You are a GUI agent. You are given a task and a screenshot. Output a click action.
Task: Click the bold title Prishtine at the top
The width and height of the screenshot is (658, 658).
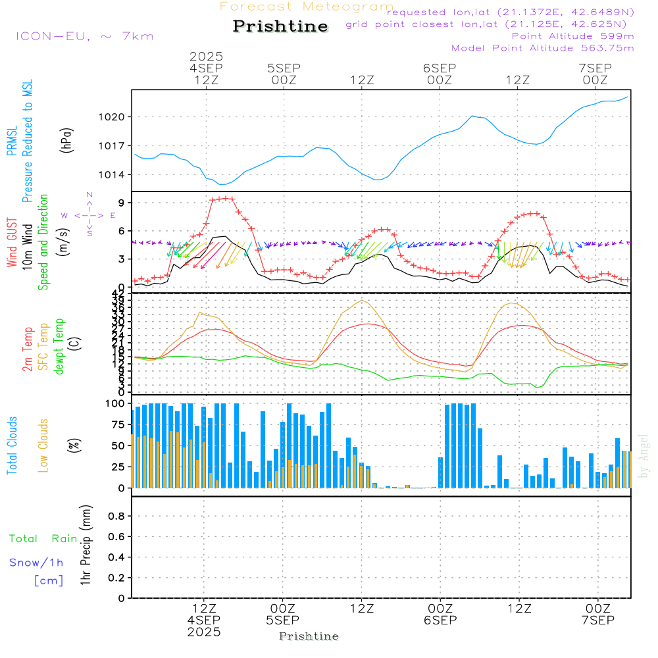point(280,26)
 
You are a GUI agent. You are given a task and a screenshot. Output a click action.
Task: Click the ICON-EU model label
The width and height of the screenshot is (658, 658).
point(84,36)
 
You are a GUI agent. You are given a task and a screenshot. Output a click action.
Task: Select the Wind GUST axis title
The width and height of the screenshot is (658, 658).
point(13,243)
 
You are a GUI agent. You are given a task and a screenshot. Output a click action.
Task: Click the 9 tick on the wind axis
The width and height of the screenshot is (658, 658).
point(122,202)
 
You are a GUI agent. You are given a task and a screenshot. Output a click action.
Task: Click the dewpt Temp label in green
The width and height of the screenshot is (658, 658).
point(60,347)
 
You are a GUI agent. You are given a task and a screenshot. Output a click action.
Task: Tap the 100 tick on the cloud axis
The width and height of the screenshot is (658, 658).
point(116,403)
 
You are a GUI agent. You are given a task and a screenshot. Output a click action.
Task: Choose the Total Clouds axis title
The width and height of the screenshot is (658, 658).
point(13,445)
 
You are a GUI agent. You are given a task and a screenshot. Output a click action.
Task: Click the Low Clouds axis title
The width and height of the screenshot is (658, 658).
point(44,445)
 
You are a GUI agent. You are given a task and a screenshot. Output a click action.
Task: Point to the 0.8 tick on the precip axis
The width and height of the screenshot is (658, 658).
point(116,517)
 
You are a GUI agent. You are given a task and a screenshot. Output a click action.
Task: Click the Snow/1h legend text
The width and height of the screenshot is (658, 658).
point(37,563)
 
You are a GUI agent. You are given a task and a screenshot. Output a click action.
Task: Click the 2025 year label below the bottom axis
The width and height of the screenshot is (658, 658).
point(204,632)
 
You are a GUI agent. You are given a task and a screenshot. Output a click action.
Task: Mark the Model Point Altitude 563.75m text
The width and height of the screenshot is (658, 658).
point(543,48)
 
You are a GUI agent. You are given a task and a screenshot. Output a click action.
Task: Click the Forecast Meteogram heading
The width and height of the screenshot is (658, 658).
point(307,7)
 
